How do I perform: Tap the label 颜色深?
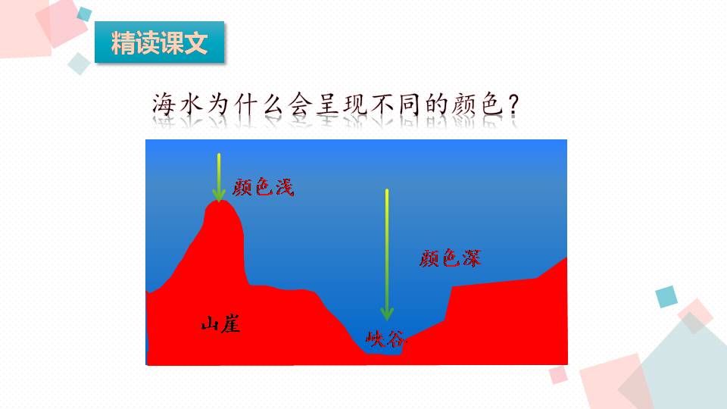click(450, 259)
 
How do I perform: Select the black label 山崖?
click(220, 325)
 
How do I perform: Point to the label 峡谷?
click(385, 338)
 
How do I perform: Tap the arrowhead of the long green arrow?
click(387, 312)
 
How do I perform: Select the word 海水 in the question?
click(179, 106)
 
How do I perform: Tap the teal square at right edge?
click(666, 296)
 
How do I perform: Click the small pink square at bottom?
click(558, 374)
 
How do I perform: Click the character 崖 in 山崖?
click(230, 325)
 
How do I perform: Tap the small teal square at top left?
click(84, 14)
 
